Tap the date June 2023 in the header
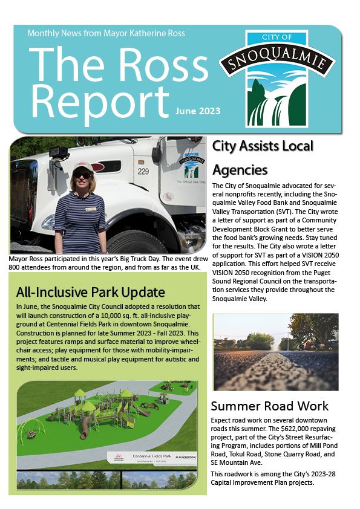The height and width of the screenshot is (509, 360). [x=198, y=111]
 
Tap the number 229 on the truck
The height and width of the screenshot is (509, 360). [x=143, y=172]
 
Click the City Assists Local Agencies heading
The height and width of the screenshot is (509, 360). [x=263, y=157]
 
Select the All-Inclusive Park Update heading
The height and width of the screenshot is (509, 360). [x=91, y=293]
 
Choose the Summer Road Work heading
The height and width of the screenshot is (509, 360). [x=269, y=406]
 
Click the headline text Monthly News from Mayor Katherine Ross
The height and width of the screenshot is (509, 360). [x=106, y=33]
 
